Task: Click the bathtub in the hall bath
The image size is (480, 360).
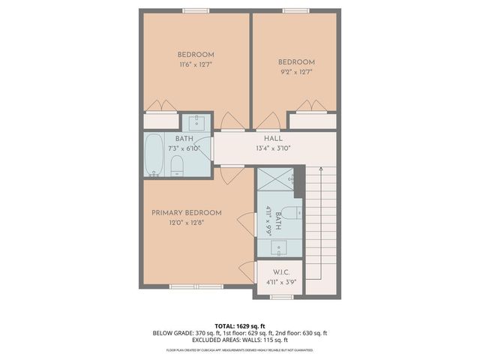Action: click(x=154, y=156)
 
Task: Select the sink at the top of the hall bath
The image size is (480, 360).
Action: click(x=197, y=123)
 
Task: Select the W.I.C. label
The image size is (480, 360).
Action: click(x=281, y=272)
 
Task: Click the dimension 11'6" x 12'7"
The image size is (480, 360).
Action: click(x=196, y=64)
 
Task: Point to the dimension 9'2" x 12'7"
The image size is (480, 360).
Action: click(x=296, y=72)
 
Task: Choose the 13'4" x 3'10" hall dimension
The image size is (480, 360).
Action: click(x=272, y=148)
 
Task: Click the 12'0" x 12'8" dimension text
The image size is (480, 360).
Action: click(x=187, y=222)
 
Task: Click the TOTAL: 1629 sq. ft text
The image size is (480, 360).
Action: click(x=240, y=326)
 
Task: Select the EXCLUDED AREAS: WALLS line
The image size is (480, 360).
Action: click(x=240, y=339)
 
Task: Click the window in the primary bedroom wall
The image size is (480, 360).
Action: click(x=196, y=286)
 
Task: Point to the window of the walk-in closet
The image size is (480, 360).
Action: click(x=281, y=297)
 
